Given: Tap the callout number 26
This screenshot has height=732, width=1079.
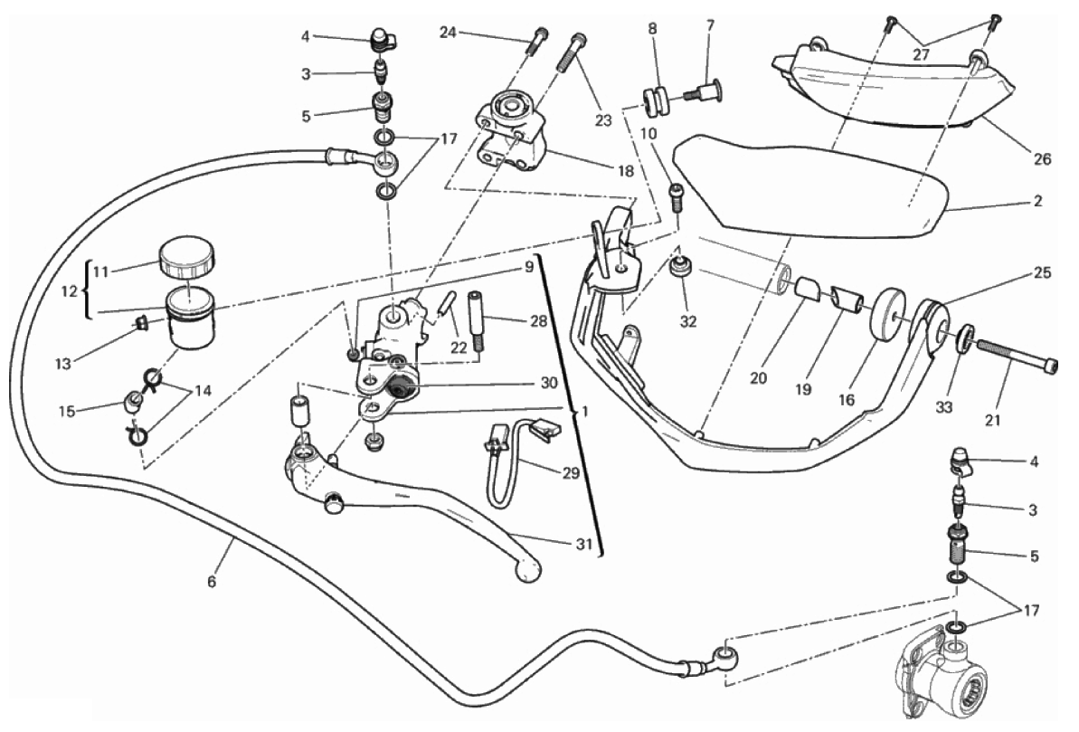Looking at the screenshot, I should pyautogui.click(x=1042, y=159).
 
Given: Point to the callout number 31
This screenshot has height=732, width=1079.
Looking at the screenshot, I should pyautogui.click(x=583, y=545).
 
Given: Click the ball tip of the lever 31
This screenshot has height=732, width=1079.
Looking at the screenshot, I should pyautogui.click(x=528, y=569).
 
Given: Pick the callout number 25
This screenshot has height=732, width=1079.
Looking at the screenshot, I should pyautogui.click(x=1042, y=272).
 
